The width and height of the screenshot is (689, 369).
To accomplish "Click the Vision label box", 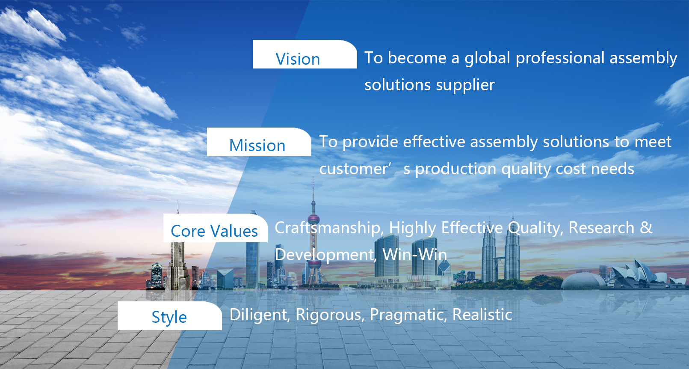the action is coord(305,54).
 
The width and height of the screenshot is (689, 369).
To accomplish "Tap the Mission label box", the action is coord(259,142).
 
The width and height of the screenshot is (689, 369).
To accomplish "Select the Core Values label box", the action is coord(215,228).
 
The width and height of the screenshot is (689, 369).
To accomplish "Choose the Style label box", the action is coord(169,316).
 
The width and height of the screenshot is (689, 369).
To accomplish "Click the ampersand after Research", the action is coord(646,228).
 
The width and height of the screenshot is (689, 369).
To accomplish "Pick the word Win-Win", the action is coord(414,255).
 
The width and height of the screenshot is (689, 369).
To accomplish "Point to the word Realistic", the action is coord(482,315).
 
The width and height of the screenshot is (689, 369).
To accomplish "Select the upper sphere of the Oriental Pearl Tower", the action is coord(313,220).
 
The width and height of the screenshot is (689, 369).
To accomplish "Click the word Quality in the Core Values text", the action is coord(535,228).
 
